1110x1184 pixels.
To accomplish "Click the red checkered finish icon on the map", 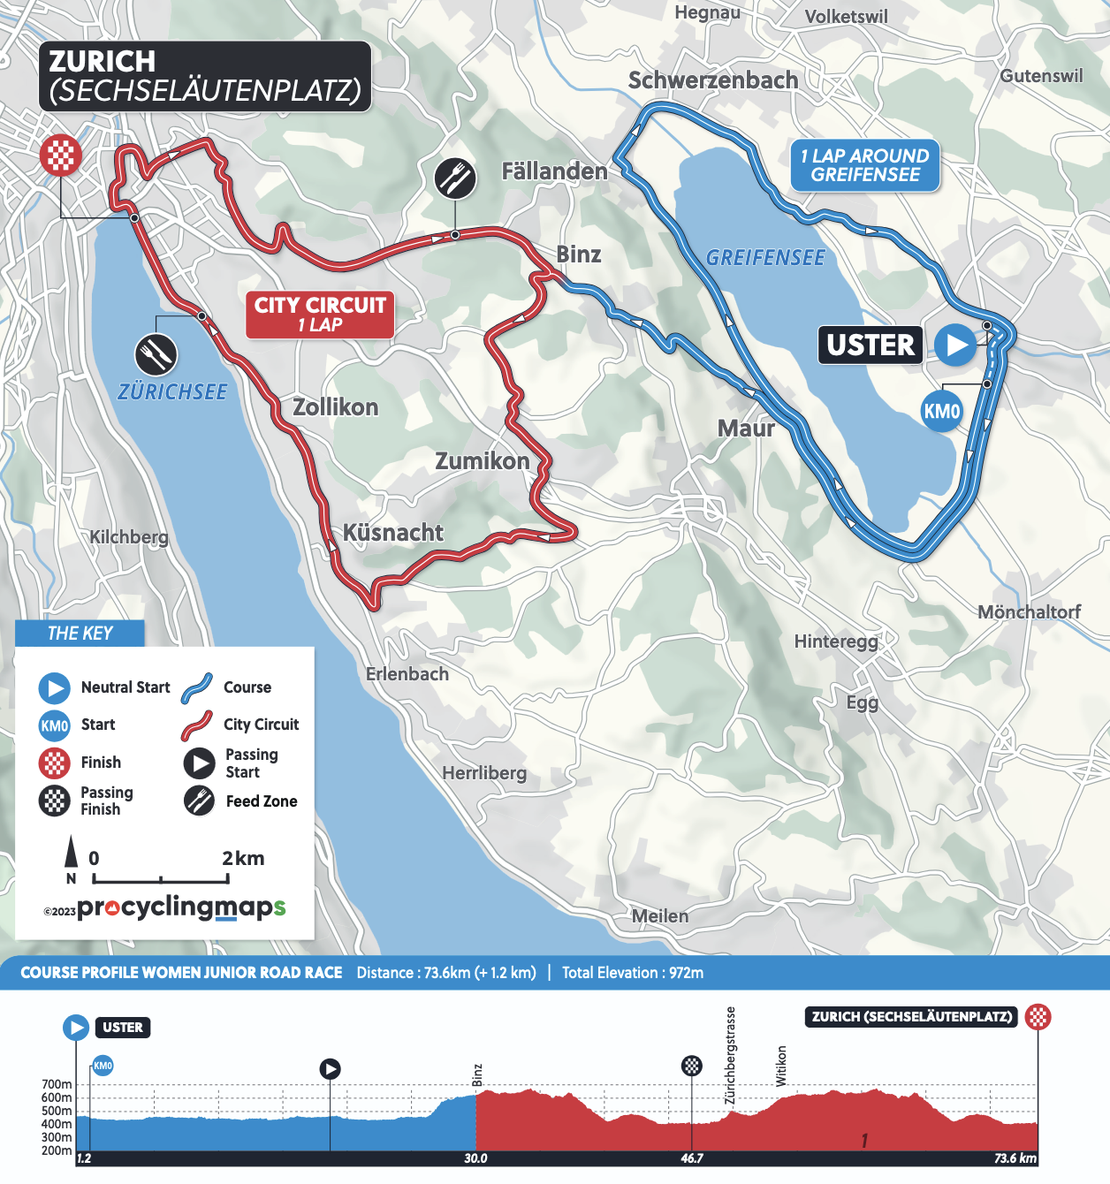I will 60,156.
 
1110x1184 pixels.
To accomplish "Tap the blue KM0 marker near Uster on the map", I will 941,411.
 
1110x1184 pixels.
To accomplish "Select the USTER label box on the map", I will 871,345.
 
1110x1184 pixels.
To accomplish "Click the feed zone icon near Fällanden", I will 455,178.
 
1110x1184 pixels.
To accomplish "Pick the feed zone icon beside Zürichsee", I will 156,355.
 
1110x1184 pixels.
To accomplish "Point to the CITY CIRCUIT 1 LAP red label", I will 320,315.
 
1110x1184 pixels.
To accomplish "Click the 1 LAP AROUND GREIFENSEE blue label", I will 864,165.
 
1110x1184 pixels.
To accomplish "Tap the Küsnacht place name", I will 392,533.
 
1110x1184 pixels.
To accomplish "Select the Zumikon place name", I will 482,461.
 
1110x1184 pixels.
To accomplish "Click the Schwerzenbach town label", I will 712,80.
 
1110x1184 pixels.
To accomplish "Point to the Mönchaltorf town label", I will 1029,612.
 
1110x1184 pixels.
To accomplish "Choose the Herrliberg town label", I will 484,773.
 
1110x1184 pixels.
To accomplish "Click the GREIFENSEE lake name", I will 765,258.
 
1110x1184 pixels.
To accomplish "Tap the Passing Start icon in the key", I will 199,763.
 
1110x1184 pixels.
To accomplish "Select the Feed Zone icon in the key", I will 199,801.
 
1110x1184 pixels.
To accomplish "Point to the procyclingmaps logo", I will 181,907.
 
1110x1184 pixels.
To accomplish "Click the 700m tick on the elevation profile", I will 57,1084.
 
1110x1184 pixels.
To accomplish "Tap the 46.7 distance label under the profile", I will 692,1158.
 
